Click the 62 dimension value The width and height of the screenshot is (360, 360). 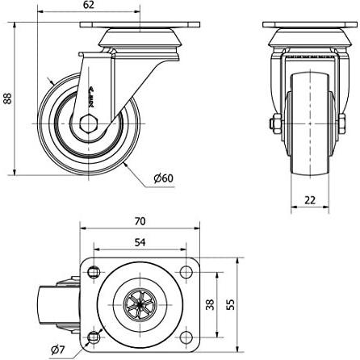click(x=89, y=5)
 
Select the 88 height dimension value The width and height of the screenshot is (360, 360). click(x=8, y=98)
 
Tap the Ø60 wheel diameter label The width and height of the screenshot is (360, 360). click(x=164, y=178)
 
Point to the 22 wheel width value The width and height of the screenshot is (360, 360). click(x=310, y=200)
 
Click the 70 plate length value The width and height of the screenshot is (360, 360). click(x=140, y=221)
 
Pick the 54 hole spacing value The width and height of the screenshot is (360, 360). click(x=140, y=242)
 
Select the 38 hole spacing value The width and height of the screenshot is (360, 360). click(x=211, y=304)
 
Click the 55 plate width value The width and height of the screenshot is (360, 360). click(x=231, y=304)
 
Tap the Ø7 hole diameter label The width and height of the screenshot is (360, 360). click(x=58, y=350)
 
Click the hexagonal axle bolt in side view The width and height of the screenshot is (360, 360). click(x=88, y=123)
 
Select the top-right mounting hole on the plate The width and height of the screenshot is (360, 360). click(x=186, y=272)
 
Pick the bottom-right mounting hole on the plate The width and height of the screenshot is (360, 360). click(x=186, y=337)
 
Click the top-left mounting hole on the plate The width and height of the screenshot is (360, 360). click(x=94, y=272)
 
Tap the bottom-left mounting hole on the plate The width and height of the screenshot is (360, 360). click(x=94, y=337)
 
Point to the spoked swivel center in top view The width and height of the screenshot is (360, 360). click(x=140, y=305)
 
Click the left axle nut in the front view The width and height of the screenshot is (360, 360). click(x=275, y=123)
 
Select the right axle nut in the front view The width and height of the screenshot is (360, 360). click(x=342, y=123)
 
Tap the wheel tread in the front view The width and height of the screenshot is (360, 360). click(x=310, y=123)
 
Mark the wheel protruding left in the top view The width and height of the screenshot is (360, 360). click(x=58, y=305)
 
